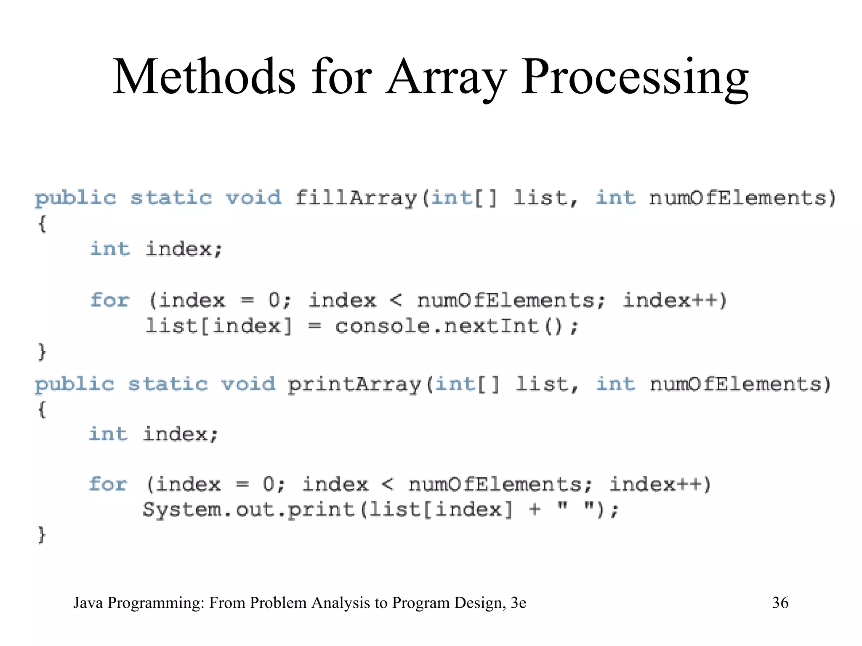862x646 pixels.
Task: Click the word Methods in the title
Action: [204, 77]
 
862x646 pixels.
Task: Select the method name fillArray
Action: [356, 198]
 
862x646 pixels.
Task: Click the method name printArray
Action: [354, 384]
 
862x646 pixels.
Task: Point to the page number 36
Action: [780, 603]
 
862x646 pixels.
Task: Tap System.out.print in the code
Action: [249, 509]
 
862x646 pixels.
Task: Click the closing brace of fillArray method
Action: [41, 351]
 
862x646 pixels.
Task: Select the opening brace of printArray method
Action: [41, 409]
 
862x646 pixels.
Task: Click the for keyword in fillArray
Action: [109, 300]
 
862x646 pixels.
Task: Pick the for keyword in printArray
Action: [108, 484]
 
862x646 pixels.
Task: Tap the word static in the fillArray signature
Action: [171, 198]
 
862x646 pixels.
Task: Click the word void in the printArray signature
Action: [248, 384]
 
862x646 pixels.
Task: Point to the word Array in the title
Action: [446, 78]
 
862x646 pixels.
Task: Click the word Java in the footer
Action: [88, 603]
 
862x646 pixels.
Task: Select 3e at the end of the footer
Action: [518, 603]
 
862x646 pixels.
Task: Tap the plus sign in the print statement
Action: [535, 509]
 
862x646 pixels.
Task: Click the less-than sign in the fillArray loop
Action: [396, 300]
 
